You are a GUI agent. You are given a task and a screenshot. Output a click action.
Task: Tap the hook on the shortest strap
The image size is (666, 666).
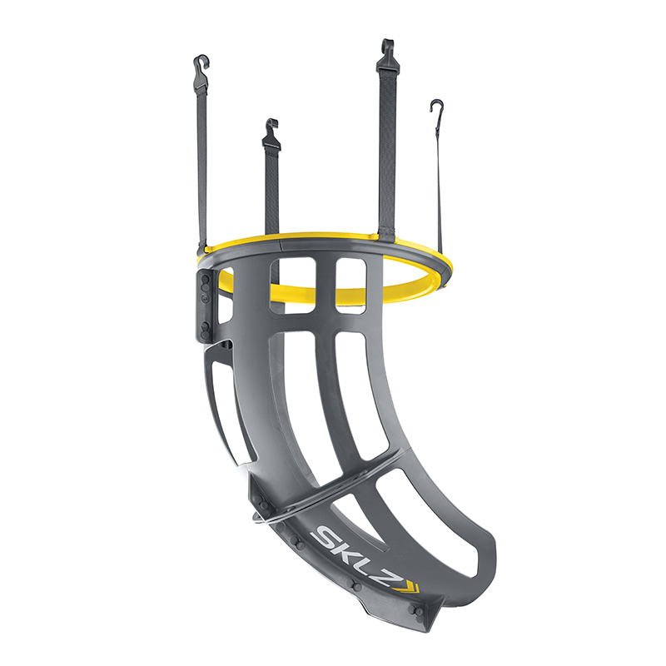click(x=271, y=130)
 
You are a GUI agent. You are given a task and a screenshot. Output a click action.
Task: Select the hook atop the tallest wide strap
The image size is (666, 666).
click(x=385, y=50)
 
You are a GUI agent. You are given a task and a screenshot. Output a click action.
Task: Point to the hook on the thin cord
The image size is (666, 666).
click(x=435, y=108)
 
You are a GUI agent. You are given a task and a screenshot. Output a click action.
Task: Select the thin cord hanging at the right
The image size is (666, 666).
click(x=439, y=191)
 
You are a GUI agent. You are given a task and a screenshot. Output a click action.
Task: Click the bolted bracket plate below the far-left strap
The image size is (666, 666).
click(x=205, y=304)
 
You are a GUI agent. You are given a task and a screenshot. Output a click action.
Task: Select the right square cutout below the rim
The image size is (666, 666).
click(x=350, y=285)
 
